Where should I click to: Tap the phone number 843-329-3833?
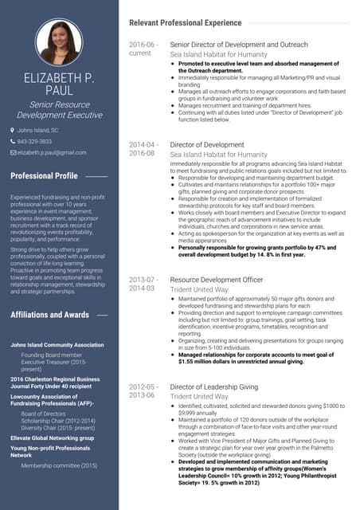(x=35, y=141)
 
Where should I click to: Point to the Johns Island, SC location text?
(x=38, y=130)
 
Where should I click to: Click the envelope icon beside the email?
(x=13, y=152)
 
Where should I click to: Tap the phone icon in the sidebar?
(x=13, y=141)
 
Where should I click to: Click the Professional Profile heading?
(x=44, y=175)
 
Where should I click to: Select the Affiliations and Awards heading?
(x=49, y=315)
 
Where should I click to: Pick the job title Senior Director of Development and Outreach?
(x=240, y=45)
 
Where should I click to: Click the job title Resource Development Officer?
(x=217, y=280)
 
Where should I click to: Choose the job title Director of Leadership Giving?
(x=214, y=386)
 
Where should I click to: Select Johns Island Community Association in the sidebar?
(x=57, y=345)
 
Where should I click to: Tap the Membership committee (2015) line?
(x=59, y=465)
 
